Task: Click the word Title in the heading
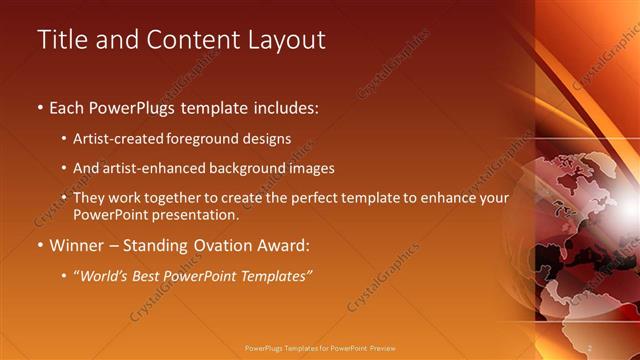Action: [62, 40]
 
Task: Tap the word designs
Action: [265, 139]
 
